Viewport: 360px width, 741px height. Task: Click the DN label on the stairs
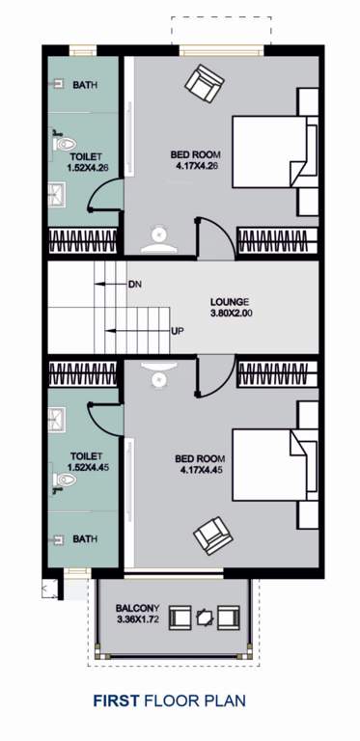click(x=134, y=285)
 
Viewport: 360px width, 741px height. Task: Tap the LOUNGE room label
click(x=228, y=300)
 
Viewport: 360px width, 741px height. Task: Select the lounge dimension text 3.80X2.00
click(x=229, y=313)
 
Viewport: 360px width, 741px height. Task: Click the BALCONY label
click(x=130, y=608)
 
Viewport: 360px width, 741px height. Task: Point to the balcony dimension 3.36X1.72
click(x=130, y=619)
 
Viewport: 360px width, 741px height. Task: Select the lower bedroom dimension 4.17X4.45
click(x=200, y=471)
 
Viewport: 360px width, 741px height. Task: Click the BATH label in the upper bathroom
click(x=85, y=85)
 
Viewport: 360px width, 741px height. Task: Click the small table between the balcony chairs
click(x=203, y=616)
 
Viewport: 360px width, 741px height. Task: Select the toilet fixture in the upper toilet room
click(x=63, y=145)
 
